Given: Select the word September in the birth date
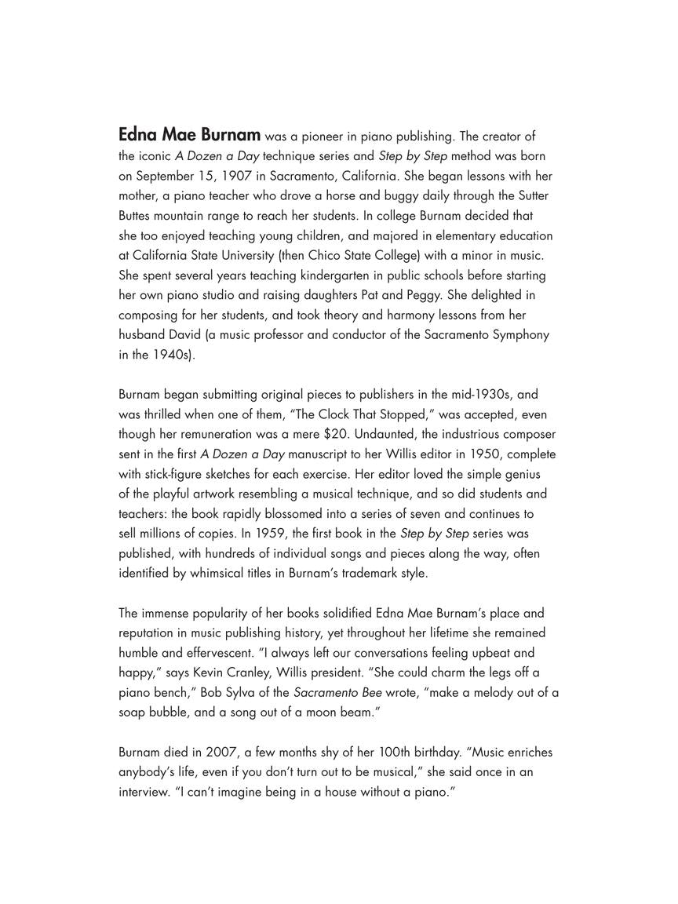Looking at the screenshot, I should [165, 176].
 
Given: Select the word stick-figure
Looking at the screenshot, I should [182, 474].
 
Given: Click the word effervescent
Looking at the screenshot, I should [204, 653].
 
